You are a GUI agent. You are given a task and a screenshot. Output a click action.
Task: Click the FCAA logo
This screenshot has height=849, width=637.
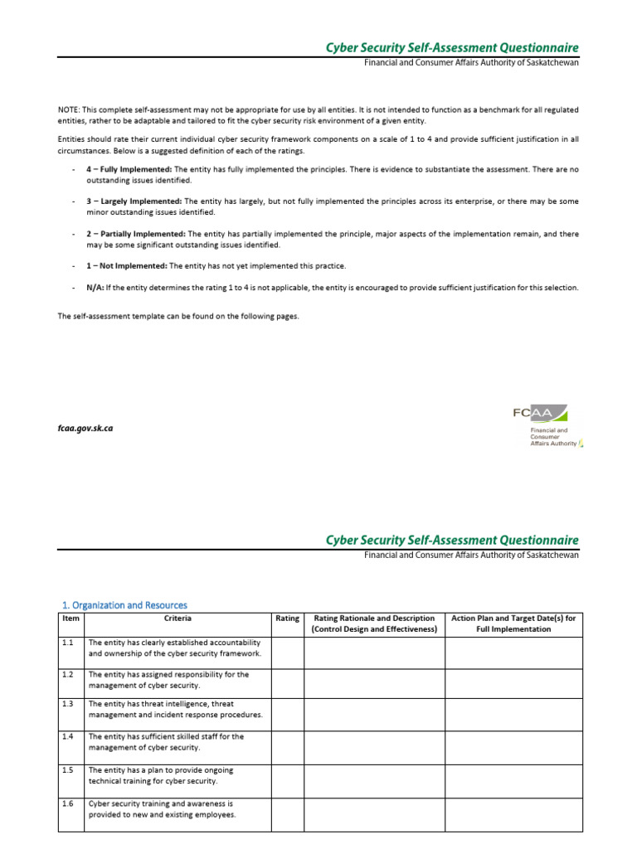547,425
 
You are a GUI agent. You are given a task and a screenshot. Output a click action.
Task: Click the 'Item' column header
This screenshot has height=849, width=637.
71,619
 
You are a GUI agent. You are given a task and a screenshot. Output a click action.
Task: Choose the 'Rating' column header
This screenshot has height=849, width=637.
287,619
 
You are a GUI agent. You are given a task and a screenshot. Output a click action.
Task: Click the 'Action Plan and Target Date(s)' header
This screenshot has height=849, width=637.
513,623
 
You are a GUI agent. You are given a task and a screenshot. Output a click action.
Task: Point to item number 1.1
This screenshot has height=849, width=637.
68,643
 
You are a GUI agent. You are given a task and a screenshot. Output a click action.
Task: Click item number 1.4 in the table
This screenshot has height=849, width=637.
68,736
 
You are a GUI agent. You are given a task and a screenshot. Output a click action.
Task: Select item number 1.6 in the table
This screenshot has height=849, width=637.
68,803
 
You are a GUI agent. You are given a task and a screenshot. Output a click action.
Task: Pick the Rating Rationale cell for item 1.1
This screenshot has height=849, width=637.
374,652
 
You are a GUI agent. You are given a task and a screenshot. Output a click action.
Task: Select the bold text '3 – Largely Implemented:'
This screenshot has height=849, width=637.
134,201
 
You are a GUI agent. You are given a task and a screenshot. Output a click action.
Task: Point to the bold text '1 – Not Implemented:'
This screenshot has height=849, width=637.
127,266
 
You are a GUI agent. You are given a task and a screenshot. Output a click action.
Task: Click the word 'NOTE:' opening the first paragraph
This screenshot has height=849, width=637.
69,109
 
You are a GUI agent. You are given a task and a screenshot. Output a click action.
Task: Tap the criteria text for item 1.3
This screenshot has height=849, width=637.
175,709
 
